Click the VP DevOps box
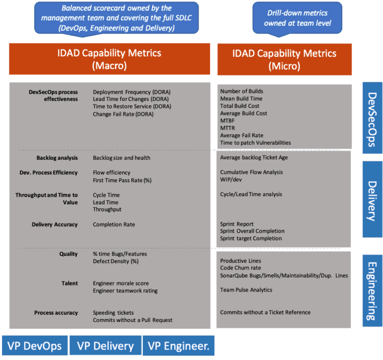pos(35,346)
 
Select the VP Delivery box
pos(106,346)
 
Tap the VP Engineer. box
pos(179,346)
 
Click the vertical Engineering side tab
pos(372,291)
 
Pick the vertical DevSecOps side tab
pos(372,118)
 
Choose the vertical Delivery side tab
pos(372,199)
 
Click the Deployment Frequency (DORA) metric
pos(132,92)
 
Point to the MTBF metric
pos(227,121)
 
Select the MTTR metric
pos(227,128)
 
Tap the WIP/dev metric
pos(231,180)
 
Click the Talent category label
pos(70,284)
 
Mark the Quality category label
pos(68,254)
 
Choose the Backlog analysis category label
pos(57,158)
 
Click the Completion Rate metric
pos(114,225)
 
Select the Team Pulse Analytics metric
pos(246,290)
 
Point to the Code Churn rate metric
pos(240,268)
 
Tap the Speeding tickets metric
pos(113,313)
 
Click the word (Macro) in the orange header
pos(109,66)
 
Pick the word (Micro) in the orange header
pos(284,66)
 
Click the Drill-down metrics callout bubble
pos(297,18)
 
